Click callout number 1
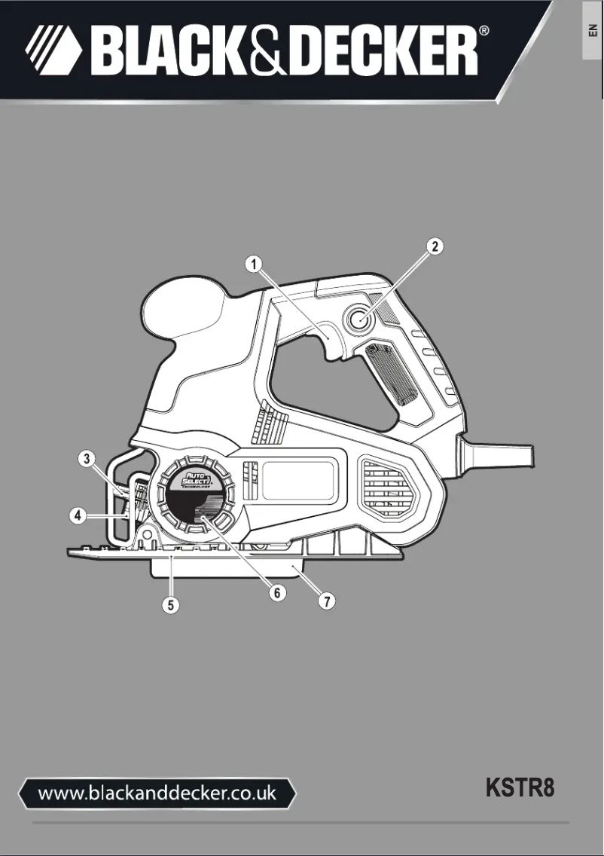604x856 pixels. (256, 264)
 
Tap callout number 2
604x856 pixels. (435, 246)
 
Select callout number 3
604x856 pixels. (88, 458)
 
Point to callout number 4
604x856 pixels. (77, 516)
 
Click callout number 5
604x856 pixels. (172, 605)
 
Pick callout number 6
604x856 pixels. (277, 593)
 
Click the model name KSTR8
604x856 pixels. (520, 789)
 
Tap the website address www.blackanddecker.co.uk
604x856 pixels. (157, 793)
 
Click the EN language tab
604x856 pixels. (592, 32)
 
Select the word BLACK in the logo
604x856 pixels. (162, 50)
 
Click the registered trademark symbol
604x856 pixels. (485, 32)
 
